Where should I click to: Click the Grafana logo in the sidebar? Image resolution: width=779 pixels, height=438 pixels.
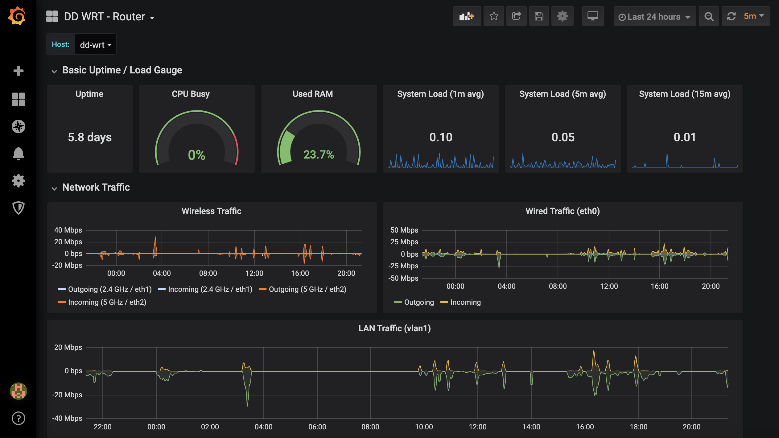click(17, 16)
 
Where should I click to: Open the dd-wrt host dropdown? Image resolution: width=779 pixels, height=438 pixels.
click(96, 45)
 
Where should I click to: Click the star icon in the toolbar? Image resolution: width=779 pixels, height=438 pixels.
click(494, 16)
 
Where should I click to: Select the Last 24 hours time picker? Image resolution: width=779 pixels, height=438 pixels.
click(654, 17)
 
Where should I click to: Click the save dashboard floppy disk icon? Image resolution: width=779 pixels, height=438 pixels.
click(539, 16)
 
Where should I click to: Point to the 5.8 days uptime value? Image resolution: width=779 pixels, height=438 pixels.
click(90, 137)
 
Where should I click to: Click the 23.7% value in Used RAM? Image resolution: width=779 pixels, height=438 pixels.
click(319, 155)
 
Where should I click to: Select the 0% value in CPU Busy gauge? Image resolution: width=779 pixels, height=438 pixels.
click(196, 155)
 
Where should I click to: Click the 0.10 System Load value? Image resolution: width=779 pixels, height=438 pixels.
click(441, 137)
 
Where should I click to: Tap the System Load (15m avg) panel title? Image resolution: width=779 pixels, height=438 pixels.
click(685, 94)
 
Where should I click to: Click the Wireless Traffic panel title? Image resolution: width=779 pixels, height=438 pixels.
click(212, 211)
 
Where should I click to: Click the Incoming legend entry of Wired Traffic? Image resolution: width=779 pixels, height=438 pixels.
click(461, 302)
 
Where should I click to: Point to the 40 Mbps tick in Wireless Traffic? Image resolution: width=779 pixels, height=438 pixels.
click(68, 230)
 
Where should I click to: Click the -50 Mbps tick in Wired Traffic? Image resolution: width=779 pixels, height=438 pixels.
click(403, 278)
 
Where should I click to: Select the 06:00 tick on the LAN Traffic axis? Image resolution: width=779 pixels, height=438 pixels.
click(317, 427)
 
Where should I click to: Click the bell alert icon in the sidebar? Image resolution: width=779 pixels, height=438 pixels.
click(19, 153)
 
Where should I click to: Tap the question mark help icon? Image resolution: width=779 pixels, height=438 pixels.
click(19, 418)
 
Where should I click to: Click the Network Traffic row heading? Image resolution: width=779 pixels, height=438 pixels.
click(96, 187)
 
